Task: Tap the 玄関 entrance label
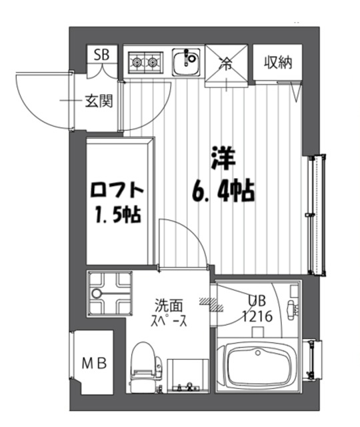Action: coord(97,102)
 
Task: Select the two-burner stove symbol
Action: coord(145,63)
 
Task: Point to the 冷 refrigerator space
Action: coord(227,65)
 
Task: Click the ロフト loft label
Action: coord(117,191)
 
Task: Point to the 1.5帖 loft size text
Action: coord(117,217)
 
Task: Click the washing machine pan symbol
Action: coord(109,294)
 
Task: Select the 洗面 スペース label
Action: coord(170,312)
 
